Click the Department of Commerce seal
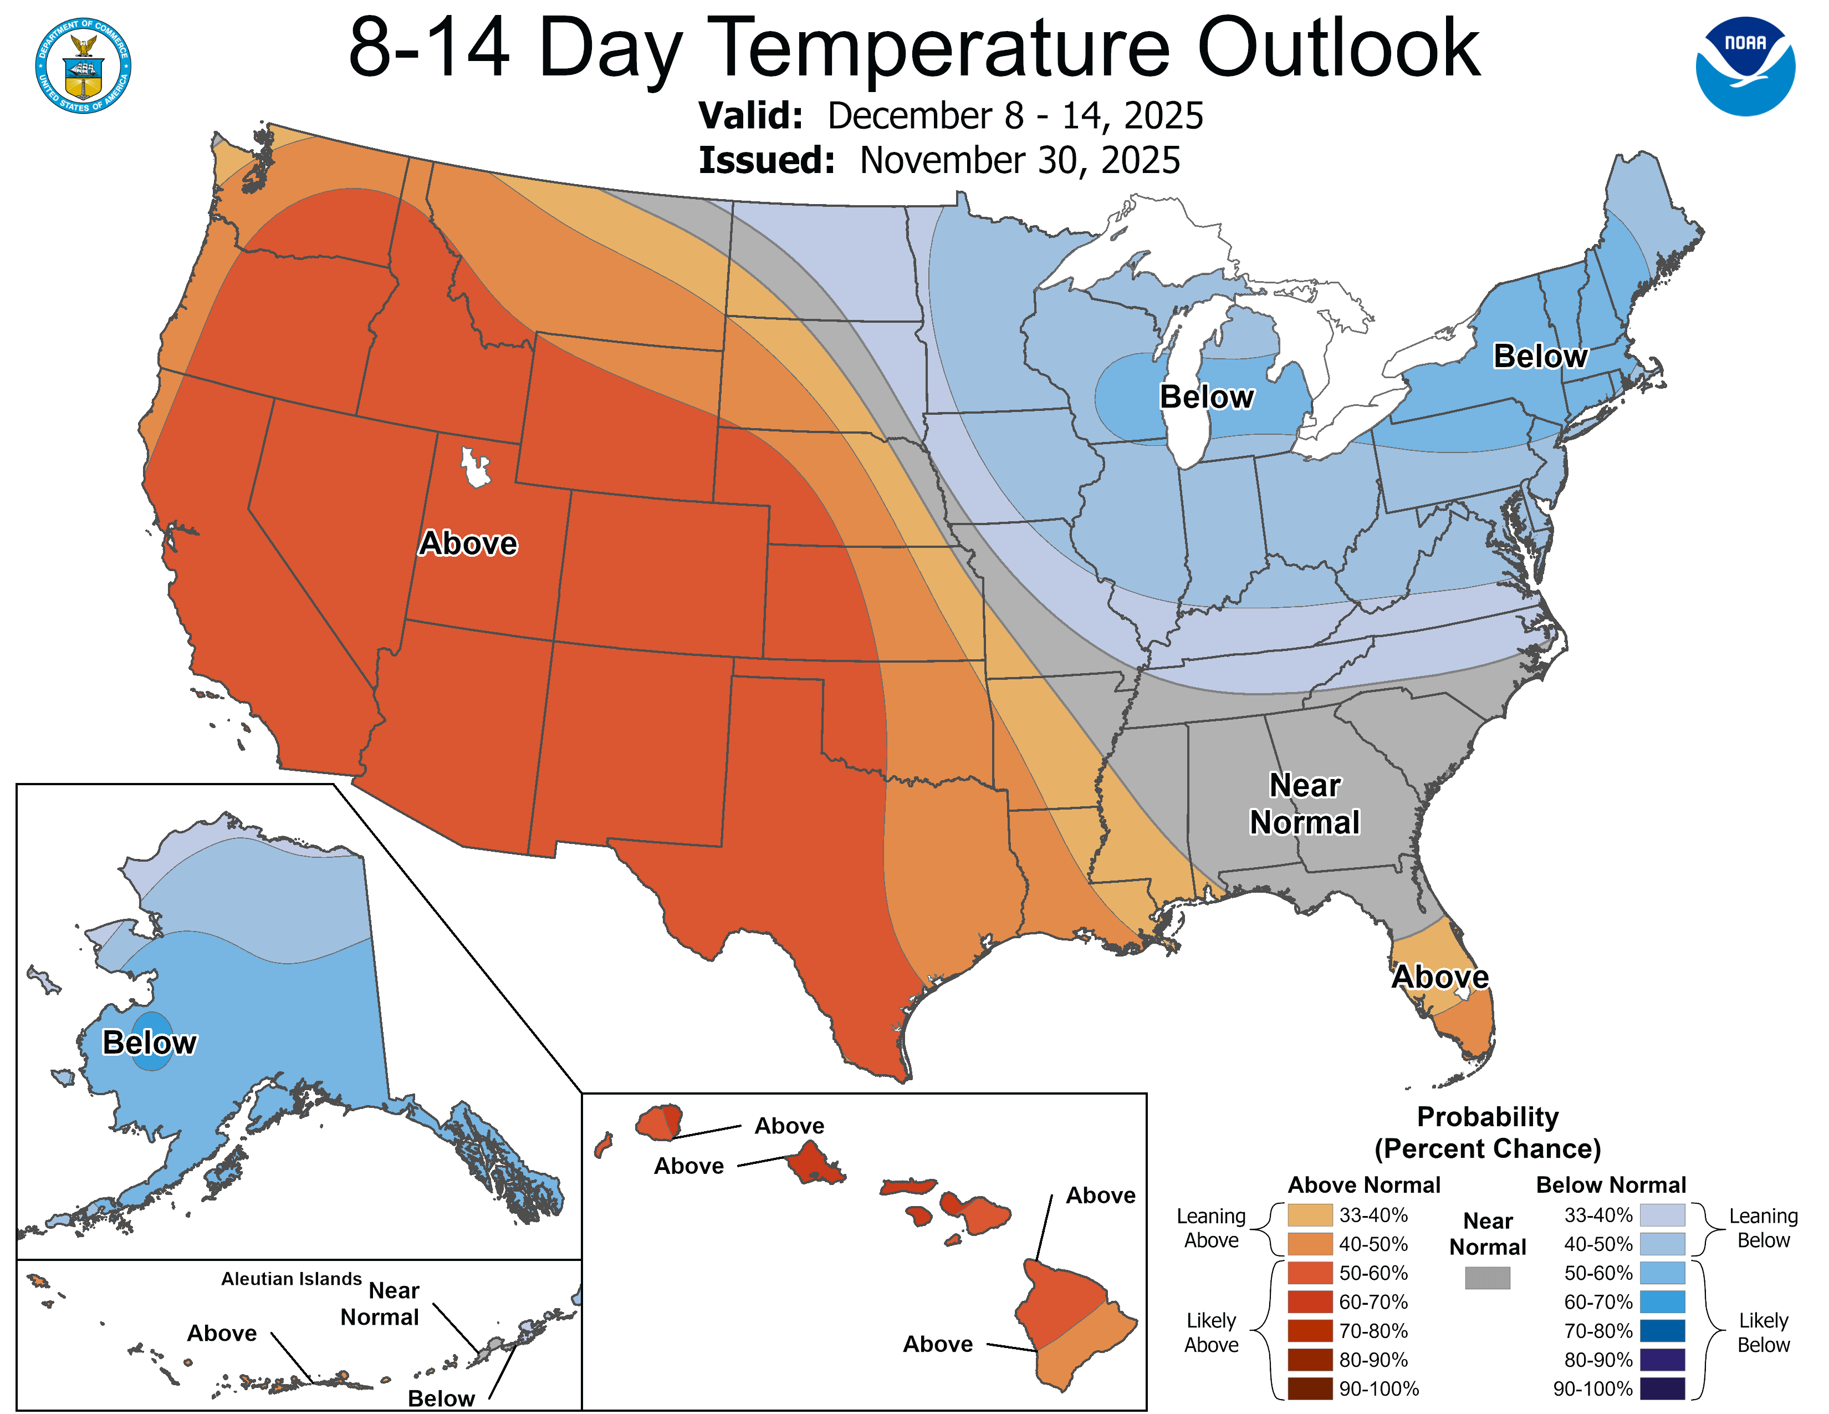pyautogui.click(x=83, y=65)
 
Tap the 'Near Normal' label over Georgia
pyautogui.click(x=1304, y=803)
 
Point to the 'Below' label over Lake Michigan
pyautogui.click(x=1206, y=396)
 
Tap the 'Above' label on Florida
pyautogui.click(x=1439, y=976)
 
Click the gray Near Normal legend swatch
pyautogui.click(x=1488, y=1278)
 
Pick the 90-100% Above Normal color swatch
pyautogui.click(x=1310, y=1389)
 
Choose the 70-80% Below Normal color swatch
pyautogui.click(x=1662, y=1331)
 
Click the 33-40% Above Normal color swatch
pyautogui.click(x=1310, y=1214)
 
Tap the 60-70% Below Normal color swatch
pyautogui.click(x=1662, y=1302)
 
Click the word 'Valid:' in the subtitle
pyautogui.click(x=750, y=115)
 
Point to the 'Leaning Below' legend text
pyautogui.click(x=1763, y=1228)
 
